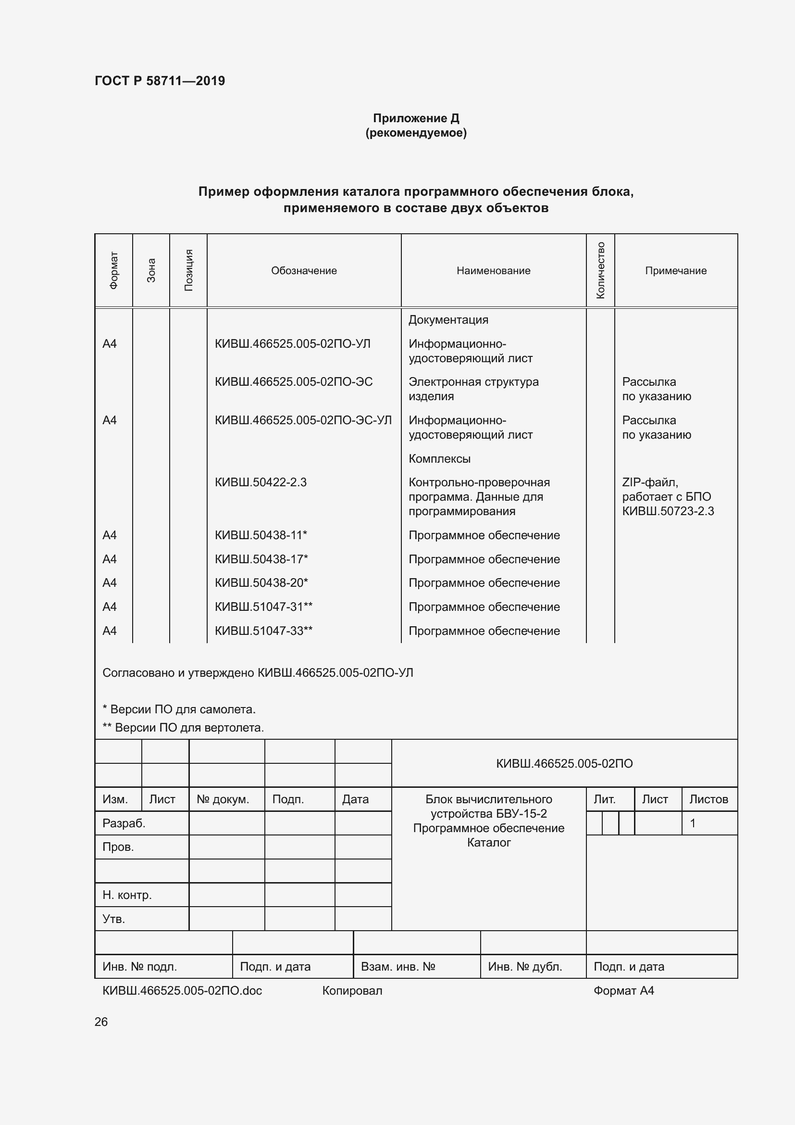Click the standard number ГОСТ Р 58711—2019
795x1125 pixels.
click(160, 81)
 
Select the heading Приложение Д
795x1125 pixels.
click(416, 118)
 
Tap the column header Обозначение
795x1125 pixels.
click(303, 270)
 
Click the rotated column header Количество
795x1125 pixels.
click(600, 270)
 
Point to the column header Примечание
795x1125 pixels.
click(675, 270)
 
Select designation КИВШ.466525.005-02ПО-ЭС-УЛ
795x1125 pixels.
click(303, 420)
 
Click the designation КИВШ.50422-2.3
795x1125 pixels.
click(261, 482)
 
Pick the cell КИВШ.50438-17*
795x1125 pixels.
click(261, 559)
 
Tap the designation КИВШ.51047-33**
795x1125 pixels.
click(263, 631)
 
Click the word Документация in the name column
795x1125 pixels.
click(448, 319)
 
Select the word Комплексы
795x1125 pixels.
click(440, 459)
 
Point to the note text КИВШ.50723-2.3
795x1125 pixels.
click(668, 511)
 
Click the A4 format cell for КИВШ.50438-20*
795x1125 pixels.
click(110, 582)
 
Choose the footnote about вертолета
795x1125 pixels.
click(183, 728)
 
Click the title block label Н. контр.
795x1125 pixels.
click(127, 895)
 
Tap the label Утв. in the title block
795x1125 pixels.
click(113, 919)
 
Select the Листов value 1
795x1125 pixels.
click(692, 823)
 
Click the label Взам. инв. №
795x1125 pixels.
click(397, 966)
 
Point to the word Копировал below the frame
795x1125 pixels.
click(352, 990)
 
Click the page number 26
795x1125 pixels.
click(101, 1022)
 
